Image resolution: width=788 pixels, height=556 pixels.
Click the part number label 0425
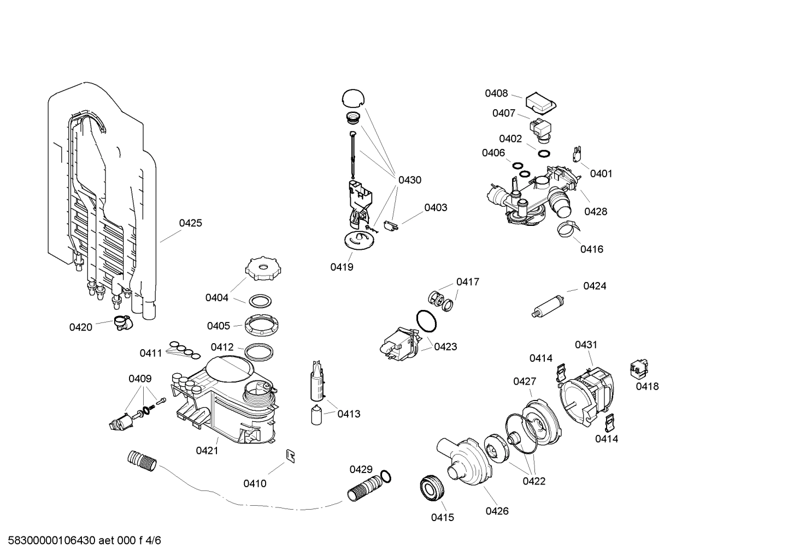pyautogui.click(x=190, y=223)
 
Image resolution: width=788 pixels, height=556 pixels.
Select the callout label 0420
pyautogui.click(x=80, y=327)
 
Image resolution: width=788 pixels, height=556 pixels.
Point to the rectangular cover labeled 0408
pyautogui.click(x=540, y=101)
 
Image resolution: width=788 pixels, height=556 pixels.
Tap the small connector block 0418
pyautogui.click(x=638, y=368)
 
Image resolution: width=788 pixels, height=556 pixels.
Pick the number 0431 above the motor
pyautogui.click(x=586, y=345)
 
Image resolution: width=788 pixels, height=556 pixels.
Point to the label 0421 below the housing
pyautogui.click(x=207, y=450)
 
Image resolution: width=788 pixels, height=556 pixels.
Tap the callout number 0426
pyautogui.click(x=497, y=511)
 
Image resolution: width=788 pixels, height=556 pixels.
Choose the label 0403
pyautogui.click(x=436, y=207)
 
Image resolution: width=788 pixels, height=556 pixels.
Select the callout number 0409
pyautogui.click(x=140, y=379)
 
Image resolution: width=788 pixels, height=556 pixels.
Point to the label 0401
pyautogui.click(x=601, y=174)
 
